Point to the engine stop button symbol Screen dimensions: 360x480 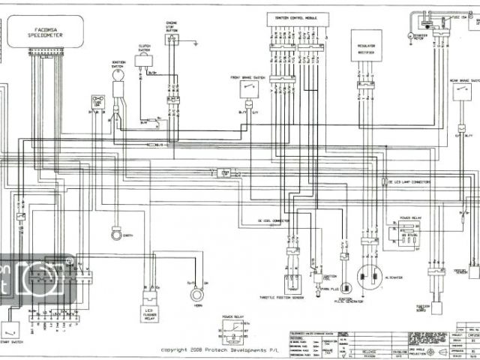(x=172, y=40)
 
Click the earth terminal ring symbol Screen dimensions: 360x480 (x=115, y=235)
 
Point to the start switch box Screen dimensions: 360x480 (x=10, y=328)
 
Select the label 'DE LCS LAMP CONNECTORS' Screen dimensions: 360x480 (x=409, y=181)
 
